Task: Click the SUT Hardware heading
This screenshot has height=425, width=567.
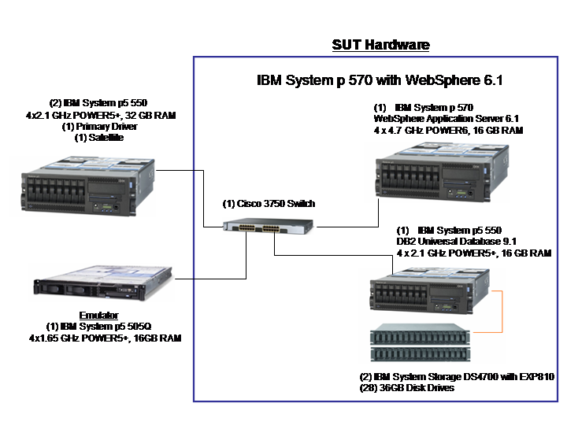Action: click(x=380, y=45)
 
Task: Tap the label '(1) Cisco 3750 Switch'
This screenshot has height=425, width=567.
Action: click(x=269, y=204)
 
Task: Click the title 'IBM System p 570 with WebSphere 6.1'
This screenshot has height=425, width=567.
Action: click(x=380, y=80)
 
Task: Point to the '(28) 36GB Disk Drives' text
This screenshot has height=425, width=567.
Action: click(x=406, y=388)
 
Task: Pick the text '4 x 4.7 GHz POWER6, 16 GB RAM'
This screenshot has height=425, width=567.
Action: click(x=447, y=130)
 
